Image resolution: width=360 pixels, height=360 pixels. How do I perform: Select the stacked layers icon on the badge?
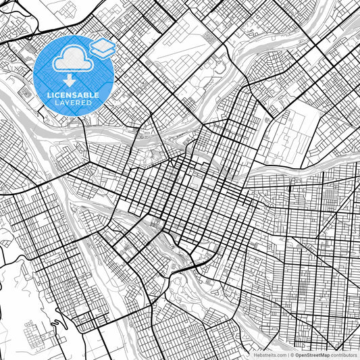point(102,48)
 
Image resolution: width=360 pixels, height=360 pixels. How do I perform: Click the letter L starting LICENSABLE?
point(47,95)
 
